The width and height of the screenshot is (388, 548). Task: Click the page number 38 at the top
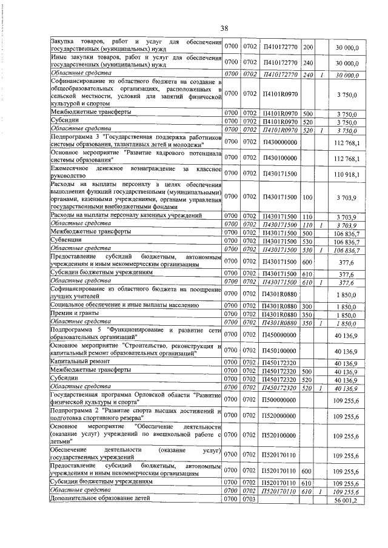click(224, 28)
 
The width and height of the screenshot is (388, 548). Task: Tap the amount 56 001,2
click(346, 500)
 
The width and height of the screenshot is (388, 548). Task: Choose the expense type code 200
click(307, 47)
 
